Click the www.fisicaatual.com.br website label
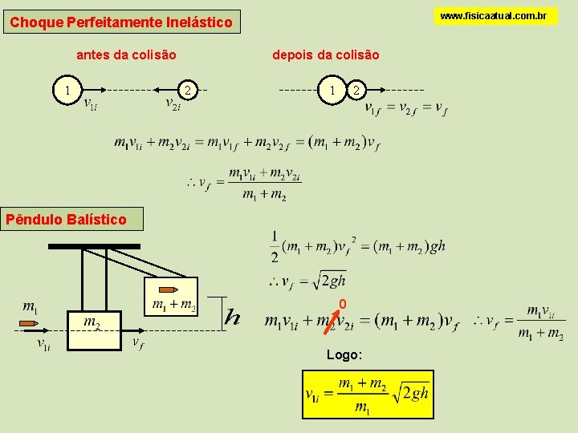[x=495, y=16]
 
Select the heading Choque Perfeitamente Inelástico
[x=121, y=22]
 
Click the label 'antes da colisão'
[x=126, y=55]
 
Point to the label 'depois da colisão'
[x=326, y=55]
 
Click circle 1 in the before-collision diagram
[x=71, y=91]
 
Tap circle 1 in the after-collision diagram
[x=332, y=90]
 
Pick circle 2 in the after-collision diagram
[x=356, y=90]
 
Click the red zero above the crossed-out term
[x=342, y=304]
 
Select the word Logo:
[x=344, y=354]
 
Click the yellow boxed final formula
[x=368, y=394]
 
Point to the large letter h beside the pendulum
[x=233, y=317]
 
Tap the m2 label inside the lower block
[x=92, y=322]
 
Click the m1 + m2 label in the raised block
[x=173, y=304]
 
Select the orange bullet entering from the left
[x=30, y=325]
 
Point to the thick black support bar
[x=94, y=247]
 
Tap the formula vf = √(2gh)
[x=309, y=281]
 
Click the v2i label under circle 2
[x=173, y=105]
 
